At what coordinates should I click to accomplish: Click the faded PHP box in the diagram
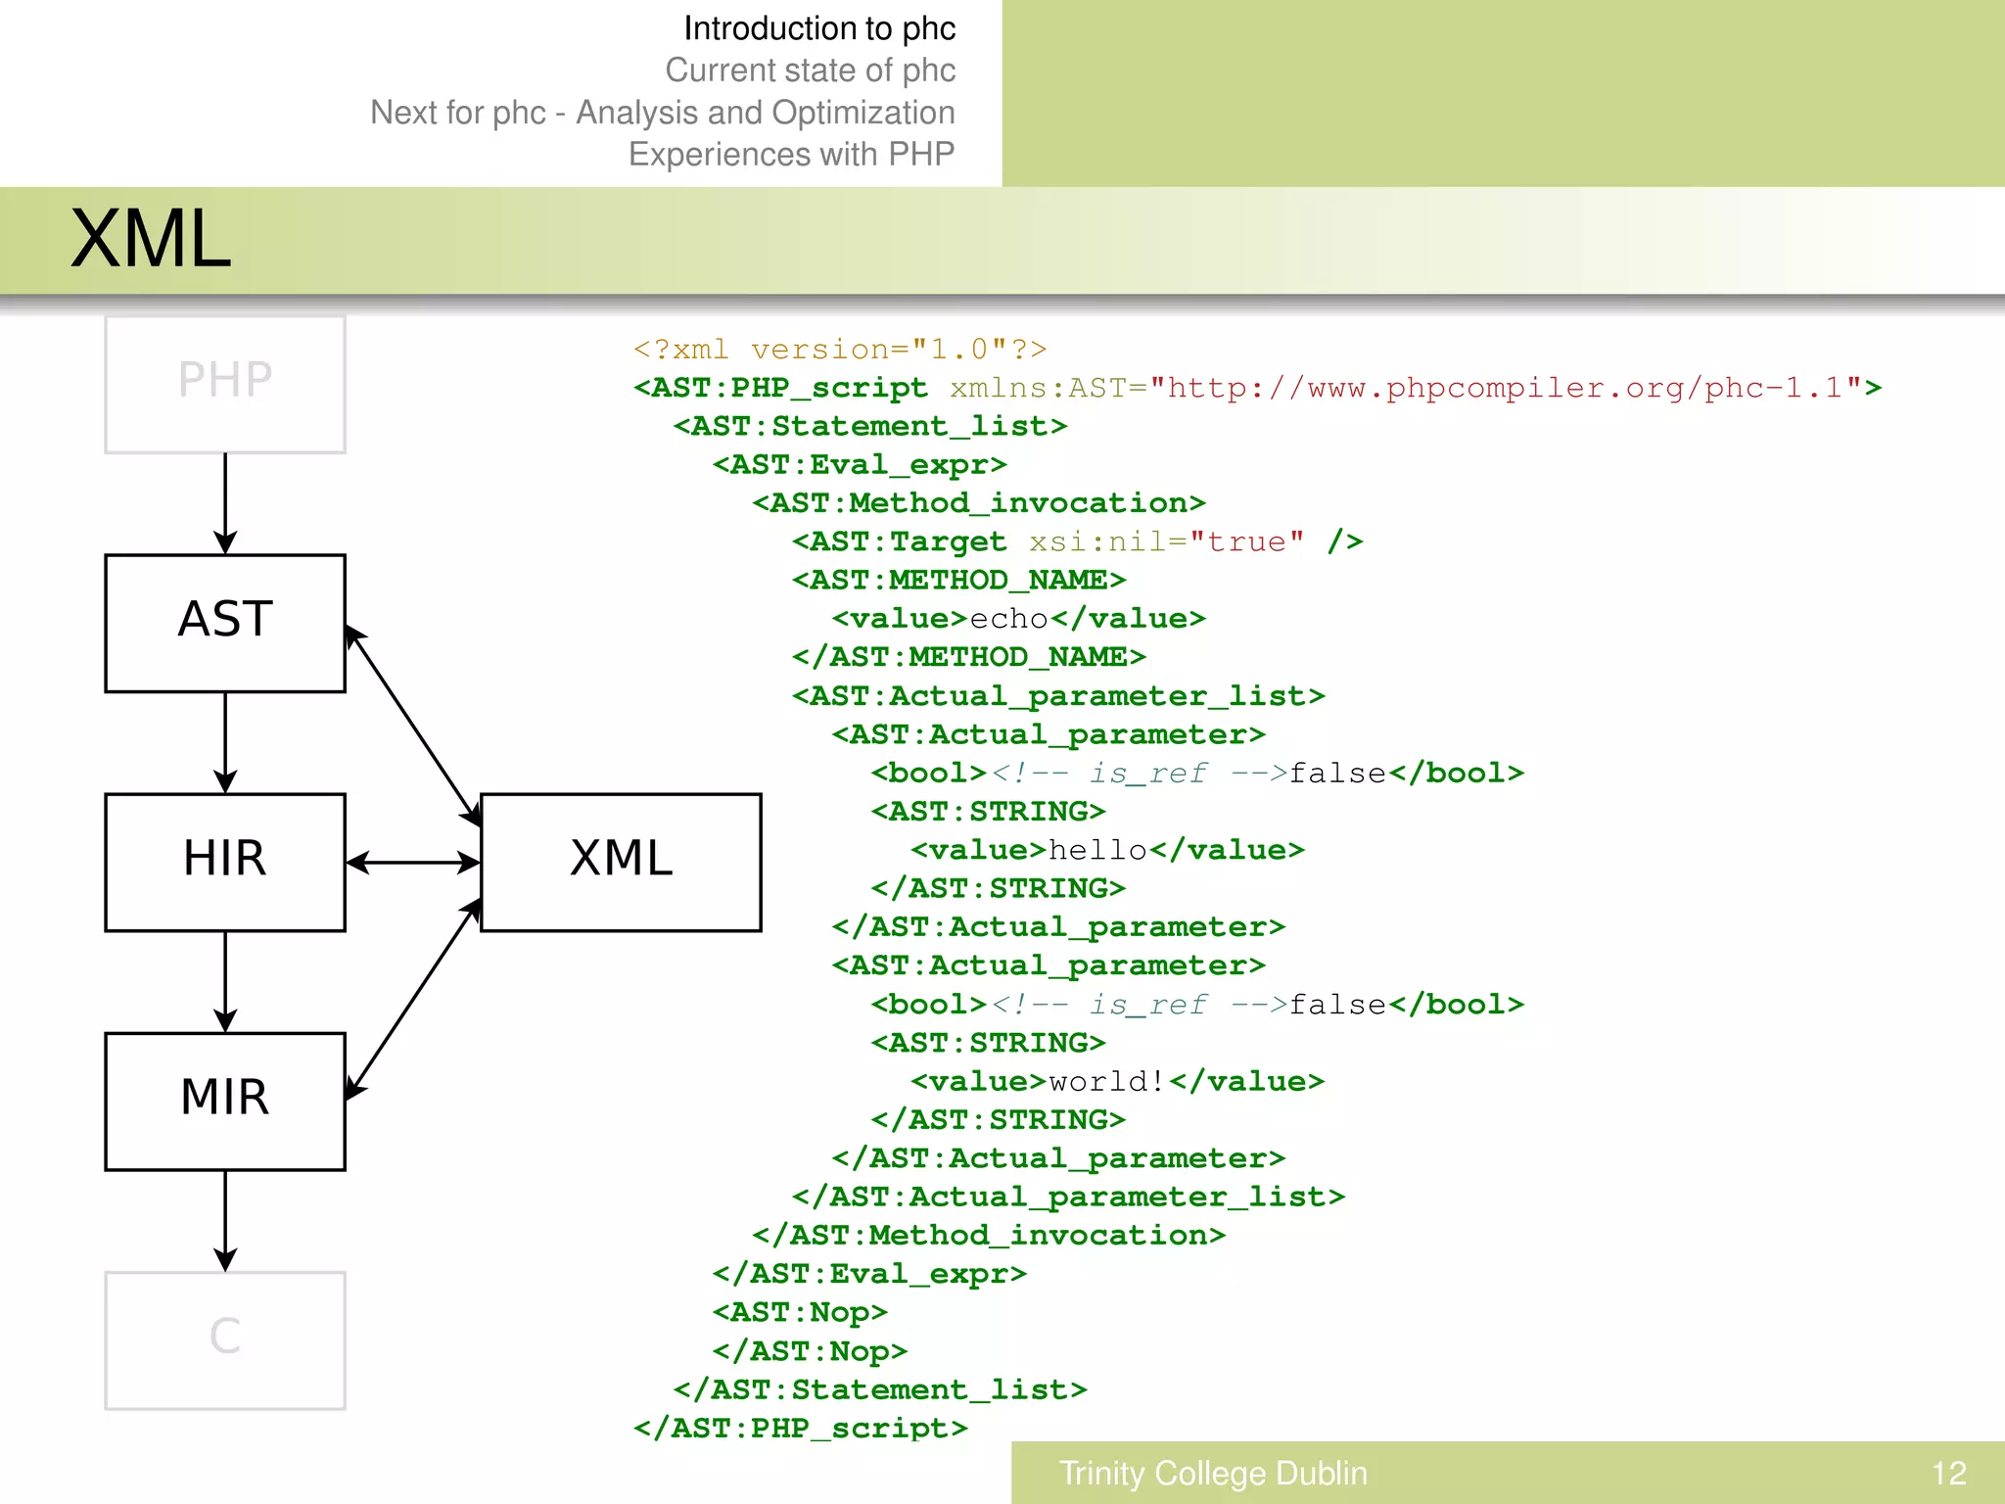click(x=225, y=384)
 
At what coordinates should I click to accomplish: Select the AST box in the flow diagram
click(x=225, y=623)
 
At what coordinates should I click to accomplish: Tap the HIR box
click(x=225, y=862)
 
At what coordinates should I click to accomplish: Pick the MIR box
click(x=225, y=1101)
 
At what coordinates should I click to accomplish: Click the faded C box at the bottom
click(x=225, y=1339)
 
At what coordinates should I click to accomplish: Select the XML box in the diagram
click(x=621, y=862)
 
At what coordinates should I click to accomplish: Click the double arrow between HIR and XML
click(x=412, y=863)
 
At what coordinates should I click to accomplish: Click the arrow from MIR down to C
click(x=225, y=1220)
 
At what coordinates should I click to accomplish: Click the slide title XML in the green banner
click(x=151, y=240)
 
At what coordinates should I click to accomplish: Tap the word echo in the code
click(x=1009, y=619)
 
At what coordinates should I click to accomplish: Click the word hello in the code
click(x=1097, y=850)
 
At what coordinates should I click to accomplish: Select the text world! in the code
click(x=1107, y=1081)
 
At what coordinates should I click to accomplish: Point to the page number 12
click(x=1948, y=1473)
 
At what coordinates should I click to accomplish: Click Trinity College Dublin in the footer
click(x=1213, y=1473)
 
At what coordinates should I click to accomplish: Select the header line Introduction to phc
click(x=819, y=28)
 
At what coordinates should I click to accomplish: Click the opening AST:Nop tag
click(x=800, y=1312)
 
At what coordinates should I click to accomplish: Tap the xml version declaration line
click(x=840, y=350)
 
